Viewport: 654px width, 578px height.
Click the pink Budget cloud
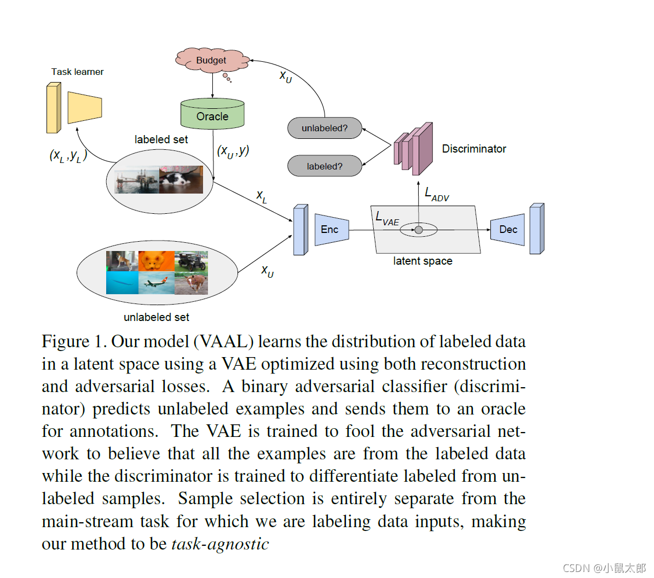coord(212,60)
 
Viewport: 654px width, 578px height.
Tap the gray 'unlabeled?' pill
coord(325,128)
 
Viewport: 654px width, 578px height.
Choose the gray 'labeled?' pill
coord(325,166)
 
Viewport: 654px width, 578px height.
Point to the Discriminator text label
coord(474,149)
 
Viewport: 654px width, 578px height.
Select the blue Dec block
coord(507,230)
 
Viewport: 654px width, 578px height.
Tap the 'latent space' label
coord(423,261)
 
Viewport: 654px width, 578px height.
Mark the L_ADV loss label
coord(437,194)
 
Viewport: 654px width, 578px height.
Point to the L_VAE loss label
coord(387,218)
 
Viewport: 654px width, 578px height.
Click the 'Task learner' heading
coord(77,72)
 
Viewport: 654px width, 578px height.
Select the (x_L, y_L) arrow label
coord(68,156)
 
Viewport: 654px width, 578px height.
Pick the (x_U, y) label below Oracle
coord(233,151)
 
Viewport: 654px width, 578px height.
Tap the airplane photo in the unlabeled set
coord(156,283)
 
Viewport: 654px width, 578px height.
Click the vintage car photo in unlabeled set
coord(192,261)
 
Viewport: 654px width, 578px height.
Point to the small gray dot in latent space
coord(419,230)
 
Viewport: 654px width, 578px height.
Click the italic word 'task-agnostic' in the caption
coord(220,544)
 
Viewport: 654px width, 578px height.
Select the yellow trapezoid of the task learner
coord(85,107)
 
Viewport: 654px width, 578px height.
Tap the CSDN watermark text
coord(604,568)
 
